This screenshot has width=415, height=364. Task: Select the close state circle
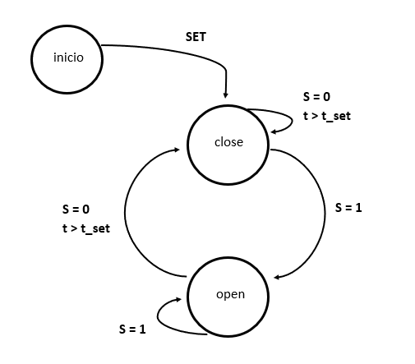228,142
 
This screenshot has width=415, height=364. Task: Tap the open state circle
229,294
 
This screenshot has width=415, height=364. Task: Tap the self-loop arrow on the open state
164,316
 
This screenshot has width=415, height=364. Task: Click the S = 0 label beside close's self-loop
317,96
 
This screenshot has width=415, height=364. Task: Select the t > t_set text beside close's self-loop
326,116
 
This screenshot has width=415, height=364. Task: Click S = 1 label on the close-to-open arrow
348,207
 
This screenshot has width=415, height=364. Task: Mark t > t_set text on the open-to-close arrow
85,228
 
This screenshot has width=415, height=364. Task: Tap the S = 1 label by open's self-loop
131,329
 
